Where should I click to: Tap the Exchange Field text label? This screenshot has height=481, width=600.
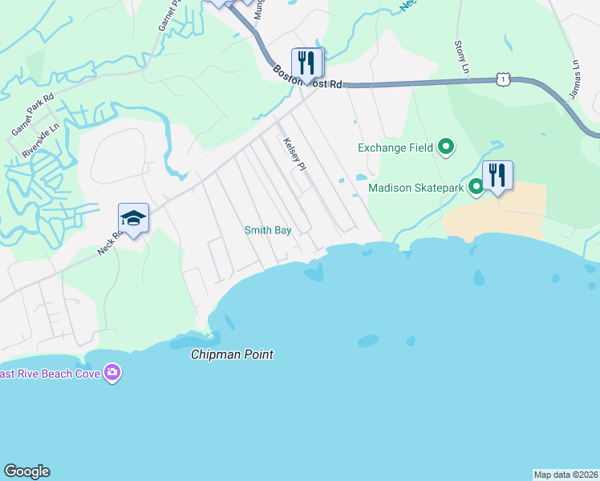[x=395, y=148]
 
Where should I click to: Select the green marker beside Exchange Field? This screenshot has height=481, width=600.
[x=446, y=147]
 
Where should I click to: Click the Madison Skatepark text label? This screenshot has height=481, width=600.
[x=416, y=188]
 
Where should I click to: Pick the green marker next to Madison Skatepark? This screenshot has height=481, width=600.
[x=476, y=187]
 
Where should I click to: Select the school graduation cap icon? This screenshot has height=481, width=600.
[x=134, y=218]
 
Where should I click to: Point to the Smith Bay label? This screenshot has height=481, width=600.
[x=267, y=230]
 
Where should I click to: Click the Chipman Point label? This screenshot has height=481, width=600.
[x=232, y=354]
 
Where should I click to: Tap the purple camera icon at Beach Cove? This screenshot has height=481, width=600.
[x=113, y=372]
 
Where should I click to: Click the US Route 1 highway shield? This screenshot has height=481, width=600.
[x=502, y=78]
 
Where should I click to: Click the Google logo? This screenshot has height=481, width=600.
[x=26, y=471]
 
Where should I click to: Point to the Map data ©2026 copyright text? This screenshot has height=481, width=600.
[x=566, y=474]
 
